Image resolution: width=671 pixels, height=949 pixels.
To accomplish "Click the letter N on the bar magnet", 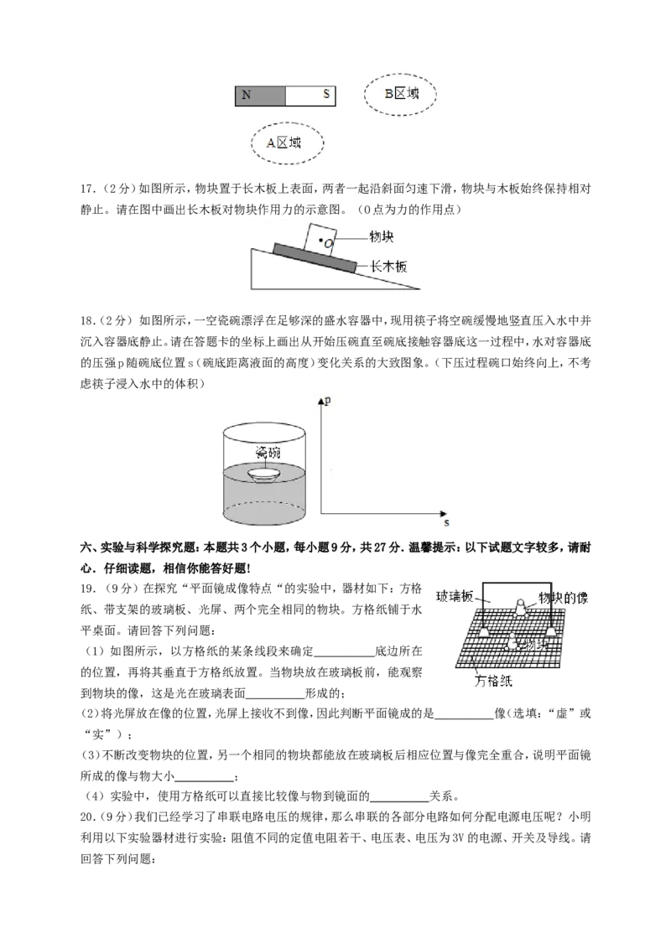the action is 246,95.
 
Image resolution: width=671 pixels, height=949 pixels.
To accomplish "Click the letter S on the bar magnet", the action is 325,94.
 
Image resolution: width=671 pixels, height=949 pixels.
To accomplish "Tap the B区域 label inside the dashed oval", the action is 402,93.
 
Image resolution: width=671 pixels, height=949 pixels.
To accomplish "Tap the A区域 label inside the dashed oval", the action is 283,143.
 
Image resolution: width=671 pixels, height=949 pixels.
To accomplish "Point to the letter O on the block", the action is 328,243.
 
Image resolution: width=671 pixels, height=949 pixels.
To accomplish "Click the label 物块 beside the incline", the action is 382,236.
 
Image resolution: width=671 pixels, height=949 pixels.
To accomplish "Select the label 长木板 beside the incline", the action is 389,266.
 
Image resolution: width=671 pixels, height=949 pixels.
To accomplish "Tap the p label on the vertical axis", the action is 328,401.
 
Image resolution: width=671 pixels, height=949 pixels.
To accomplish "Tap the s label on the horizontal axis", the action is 446,522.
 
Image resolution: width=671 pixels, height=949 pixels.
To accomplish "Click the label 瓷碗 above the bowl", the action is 268,452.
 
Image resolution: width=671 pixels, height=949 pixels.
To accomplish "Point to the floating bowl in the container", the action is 265,474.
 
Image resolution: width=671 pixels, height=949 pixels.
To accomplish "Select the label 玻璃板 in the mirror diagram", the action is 455,596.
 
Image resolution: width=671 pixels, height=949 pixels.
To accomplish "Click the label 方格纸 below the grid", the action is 493,681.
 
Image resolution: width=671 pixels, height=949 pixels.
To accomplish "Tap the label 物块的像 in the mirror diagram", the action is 563,598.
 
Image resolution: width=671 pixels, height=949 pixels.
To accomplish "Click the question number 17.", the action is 88,189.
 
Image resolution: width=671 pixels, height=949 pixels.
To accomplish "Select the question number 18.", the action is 88,321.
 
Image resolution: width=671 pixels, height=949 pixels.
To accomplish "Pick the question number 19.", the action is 88,589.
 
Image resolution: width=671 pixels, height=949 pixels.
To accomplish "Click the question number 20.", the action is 88,817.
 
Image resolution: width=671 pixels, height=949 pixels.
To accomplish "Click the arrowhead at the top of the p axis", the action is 320,402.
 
